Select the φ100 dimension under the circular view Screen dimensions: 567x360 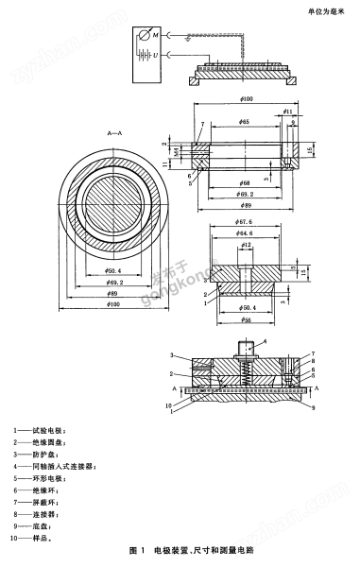[x=116, y=304]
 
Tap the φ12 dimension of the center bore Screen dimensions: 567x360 [x=246, y=246]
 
